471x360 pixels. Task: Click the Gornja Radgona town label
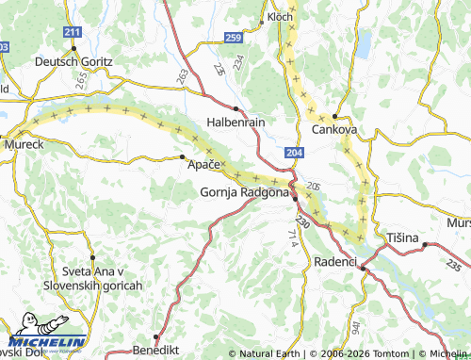pyautogui.click(x=244, y=192)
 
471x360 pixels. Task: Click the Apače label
pyautogui.click(x=203, y=165)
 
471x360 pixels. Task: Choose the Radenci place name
pyautogui.click(x=334, y=259)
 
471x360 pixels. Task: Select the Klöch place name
pyautogui.click(x=280, y=17)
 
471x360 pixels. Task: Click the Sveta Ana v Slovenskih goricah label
pyautogui.click(x=91, y=278)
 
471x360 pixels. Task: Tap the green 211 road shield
pyautogui.click(x=73, y=33)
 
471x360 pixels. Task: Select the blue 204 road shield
pyautogui.click(x=294, y=151)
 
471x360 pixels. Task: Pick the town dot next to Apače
pyautogui.click(x=182, y=158)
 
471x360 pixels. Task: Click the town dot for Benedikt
pyautogui.click(x=156, y=336)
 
